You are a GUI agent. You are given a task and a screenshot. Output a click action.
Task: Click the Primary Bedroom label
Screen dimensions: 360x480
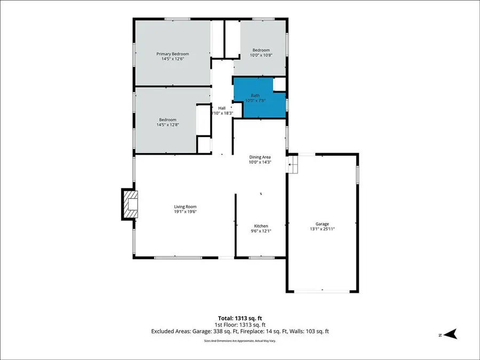point(172,54)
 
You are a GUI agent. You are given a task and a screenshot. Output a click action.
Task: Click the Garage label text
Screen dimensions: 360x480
point(322,223)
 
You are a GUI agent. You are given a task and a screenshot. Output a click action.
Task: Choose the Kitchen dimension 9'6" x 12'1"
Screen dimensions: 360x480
point(261,231)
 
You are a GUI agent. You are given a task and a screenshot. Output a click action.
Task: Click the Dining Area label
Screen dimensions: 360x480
point(260,157)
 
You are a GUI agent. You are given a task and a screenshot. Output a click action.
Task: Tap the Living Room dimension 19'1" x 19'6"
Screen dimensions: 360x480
point(185,212)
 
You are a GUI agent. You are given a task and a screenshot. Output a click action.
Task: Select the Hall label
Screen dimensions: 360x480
point(221,108)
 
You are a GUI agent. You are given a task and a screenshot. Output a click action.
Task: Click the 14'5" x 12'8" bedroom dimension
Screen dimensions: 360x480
point(167,125)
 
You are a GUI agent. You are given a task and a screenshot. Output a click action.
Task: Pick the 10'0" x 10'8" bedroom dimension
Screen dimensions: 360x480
point(261,55)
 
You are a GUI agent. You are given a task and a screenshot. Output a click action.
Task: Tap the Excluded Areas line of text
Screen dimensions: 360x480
point(239,331)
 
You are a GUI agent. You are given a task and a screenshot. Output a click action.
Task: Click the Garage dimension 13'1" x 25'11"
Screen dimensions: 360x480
point(322,229)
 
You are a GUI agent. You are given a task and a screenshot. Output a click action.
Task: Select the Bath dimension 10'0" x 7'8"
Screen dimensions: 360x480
point(255,101)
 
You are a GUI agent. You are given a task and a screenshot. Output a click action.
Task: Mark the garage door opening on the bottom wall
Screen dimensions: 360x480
point(322,291)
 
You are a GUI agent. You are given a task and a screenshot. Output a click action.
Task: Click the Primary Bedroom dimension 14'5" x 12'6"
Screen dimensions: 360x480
point(172,59)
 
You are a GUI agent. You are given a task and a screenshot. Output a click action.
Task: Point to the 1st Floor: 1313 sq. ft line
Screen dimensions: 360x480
point(239,324)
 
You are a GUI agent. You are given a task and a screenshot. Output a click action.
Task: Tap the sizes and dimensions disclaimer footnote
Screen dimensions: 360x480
point(239,340)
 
